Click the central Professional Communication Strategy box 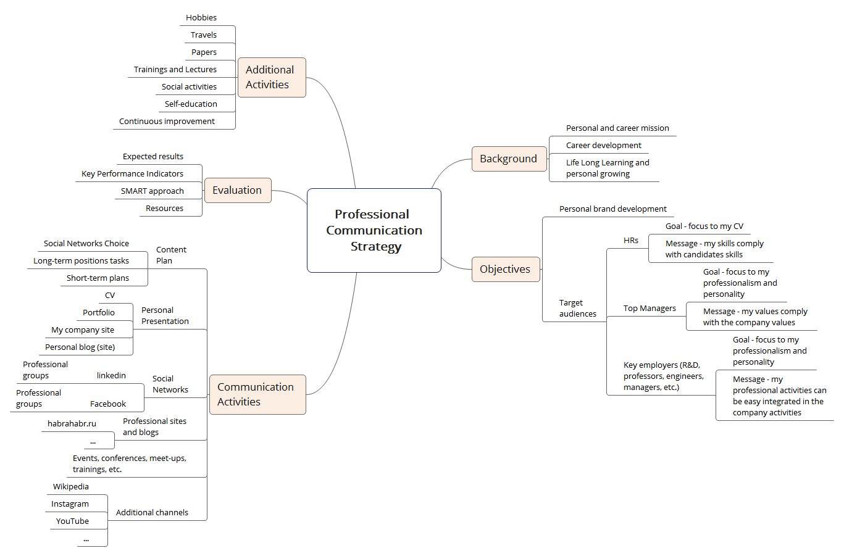point(374,230)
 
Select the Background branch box point(509,159)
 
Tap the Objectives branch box point(506,269)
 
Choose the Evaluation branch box point(238,190)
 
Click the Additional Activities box point(272,77)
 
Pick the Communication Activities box point(257,394)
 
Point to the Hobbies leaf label point(201,18)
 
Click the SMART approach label point(153,191)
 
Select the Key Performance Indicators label point(132,173)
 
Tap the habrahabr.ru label point(72,423)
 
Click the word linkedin point(111,375)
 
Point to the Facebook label point(108,404)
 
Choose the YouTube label point(72,521)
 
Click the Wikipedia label point(71,486)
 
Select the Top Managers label point(650,308)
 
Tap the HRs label point(631,240)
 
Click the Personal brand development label point(612,209)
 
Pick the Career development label point(604,146)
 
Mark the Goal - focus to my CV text point(704,226)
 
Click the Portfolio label point(99,312)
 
